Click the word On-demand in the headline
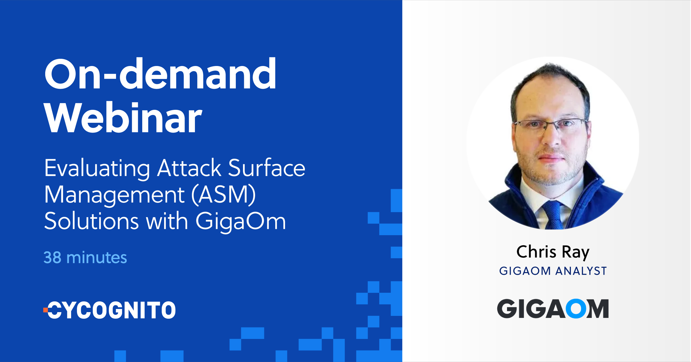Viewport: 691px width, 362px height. pyautogui.click(x=160, y=74)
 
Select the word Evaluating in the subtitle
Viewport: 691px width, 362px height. pyautogui.click(x=97, y=168)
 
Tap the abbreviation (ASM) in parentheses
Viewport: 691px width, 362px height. pyautogui.click(x=223, y=195)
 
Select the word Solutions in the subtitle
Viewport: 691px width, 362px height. pyautogui.click(x=92, y=221)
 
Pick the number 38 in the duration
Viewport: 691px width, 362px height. pyautogui.click(x=52, y=257)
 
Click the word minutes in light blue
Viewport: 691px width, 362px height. pyautogui.click(x=96, y=257)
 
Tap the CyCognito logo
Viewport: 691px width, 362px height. pyautogui.click(x=110, y=310)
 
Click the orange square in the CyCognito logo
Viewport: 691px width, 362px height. pyautogui.click(x=45, y=310)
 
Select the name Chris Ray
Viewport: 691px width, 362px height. pyautogui.click(x=553, y=252)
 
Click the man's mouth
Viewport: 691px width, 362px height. pyautogui.click(x=551, y=158)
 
